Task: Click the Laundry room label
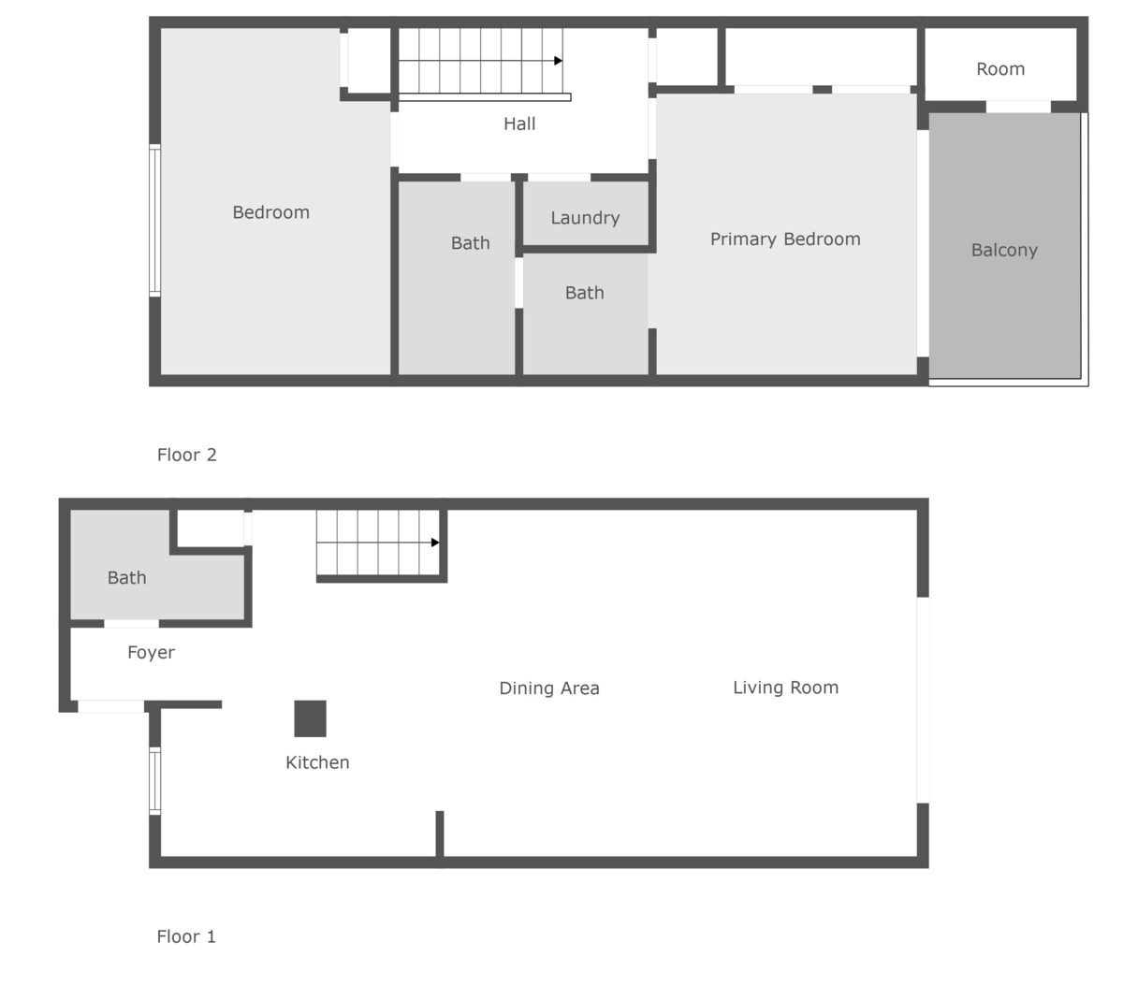(585, 218)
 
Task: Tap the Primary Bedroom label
(785, 239)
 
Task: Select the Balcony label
(1004, 250)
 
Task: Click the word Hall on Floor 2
(519, 123)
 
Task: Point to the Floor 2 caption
(187, 455)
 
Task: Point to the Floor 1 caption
(186, 935)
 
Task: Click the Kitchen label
(317, 762)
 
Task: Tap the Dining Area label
(549, 688)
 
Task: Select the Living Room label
(785, 688)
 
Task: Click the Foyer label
(151, 653)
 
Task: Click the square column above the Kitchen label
(310, 718)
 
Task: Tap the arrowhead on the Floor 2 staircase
(558, 61)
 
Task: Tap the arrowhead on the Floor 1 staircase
(435, 543)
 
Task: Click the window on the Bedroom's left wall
(155, 220)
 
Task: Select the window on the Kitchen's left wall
(155, 780)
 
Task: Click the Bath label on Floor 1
(127, 578)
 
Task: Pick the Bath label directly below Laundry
(584, 293)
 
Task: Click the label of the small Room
(1000, 69)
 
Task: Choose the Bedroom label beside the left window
(270, 212)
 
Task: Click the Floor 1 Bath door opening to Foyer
(131, 624)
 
